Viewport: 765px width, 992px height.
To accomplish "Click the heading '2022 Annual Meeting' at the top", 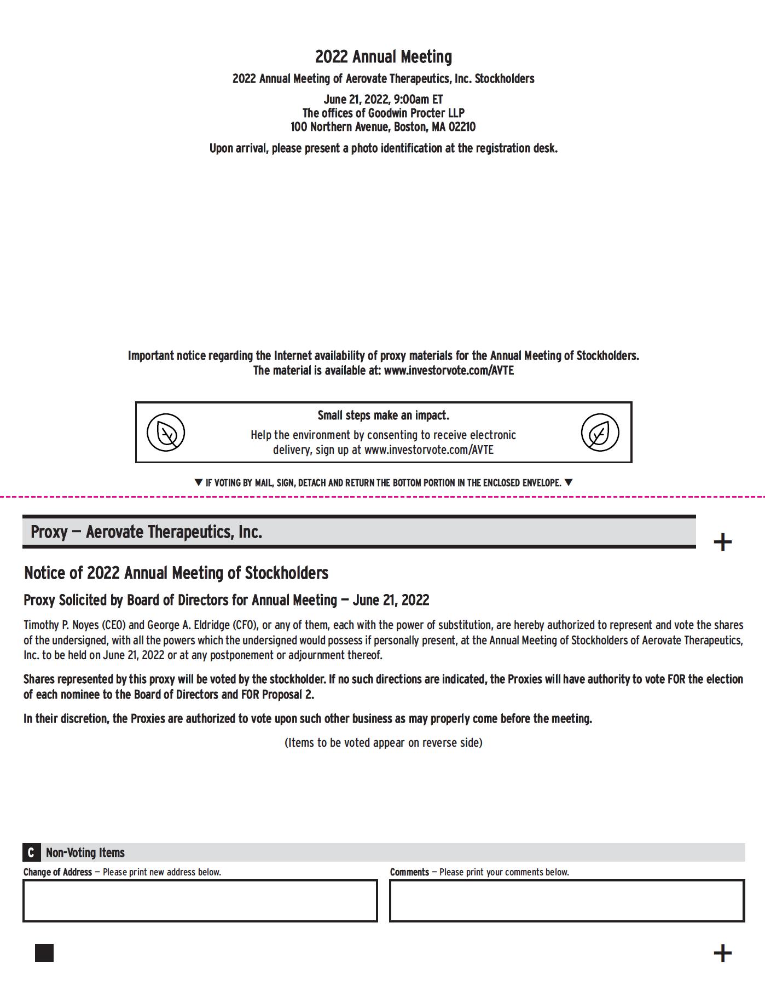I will (383, 57).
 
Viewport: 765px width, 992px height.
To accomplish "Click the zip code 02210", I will (462, 127).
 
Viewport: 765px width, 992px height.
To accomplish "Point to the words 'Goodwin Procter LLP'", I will (416, 113).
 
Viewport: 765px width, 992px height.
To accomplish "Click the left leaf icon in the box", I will (166, 432).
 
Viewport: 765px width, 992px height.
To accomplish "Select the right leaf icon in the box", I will (600, 432).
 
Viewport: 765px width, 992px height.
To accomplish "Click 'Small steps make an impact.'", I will (383, 416).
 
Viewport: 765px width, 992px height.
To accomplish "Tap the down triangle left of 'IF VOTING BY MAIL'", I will (199, 482).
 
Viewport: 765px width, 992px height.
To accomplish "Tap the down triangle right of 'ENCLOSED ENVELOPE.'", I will (569, 482).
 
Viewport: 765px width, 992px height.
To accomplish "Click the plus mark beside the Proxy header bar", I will (722, 542).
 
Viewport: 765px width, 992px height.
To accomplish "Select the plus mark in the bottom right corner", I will (722, 953).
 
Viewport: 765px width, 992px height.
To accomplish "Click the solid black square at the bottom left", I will (44, 953).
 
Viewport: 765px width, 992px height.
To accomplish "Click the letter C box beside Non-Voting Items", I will (31, 852).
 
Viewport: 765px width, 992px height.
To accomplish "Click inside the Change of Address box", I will (200, 901).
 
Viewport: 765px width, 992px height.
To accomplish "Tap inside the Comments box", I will (566, 901).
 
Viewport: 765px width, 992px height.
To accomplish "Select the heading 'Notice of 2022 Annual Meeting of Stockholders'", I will (176, 573).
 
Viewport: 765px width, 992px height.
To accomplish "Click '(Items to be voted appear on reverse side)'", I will (383, 743).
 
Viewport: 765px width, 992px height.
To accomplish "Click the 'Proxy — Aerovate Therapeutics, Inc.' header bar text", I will (146, 532).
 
